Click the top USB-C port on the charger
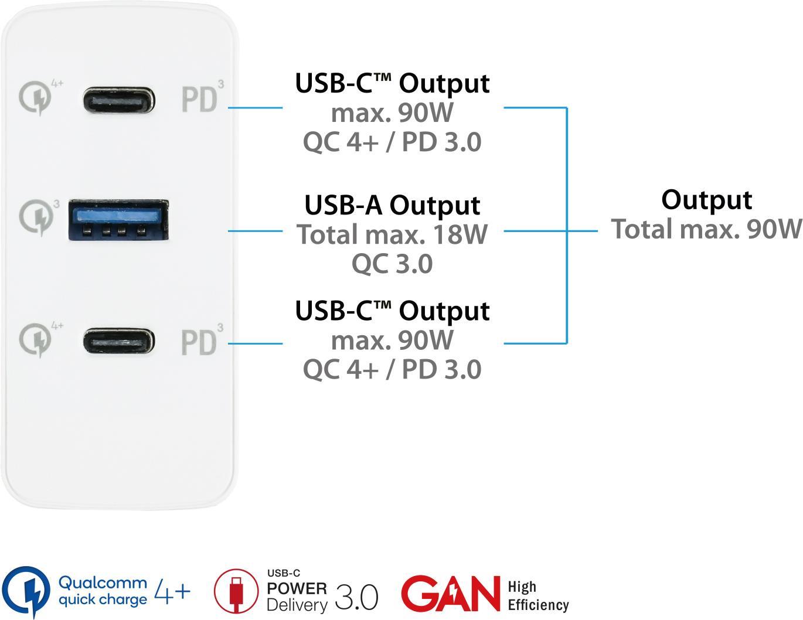[119, 100]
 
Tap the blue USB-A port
[119, 220]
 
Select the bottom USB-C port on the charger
[119, 342]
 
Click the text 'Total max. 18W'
[392, 234]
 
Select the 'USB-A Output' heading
[392, 205]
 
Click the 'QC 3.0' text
[392, 264]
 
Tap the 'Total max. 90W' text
[706, 229]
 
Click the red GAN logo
[449, 593]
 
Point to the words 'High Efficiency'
[537, 596]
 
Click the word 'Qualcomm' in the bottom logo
[103, 583]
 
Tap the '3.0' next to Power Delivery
[356, 597]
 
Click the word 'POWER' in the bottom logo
[297, 588]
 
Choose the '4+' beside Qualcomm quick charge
[172, 591]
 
